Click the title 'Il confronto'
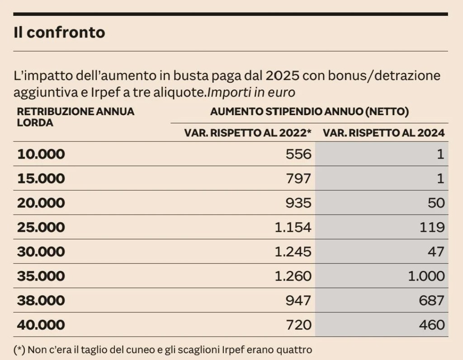click(x=59, y=33)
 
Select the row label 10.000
click(x=41, y=154)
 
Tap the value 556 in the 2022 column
click(x=298, y=154)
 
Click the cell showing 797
click(x=298, y=178)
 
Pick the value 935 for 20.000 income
click(x=298, y=203)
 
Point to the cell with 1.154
click(x=293, y=227)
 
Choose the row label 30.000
click(x=41, y=252)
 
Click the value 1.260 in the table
click(x=293, y=276)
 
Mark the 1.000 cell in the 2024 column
click(x=426, y=276)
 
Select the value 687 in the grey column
click(x=432, y=300)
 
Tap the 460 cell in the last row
click(x=432, y=325)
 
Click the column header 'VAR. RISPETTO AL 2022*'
click(x=248, y=133)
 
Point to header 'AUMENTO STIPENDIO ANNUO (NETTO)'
click(x=310, y=112)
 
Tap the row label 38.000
click(x=41, y=300)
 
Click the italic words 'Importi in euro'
click(x=251, y=93)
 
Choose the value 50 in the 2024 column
click(x=436, y=203)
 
